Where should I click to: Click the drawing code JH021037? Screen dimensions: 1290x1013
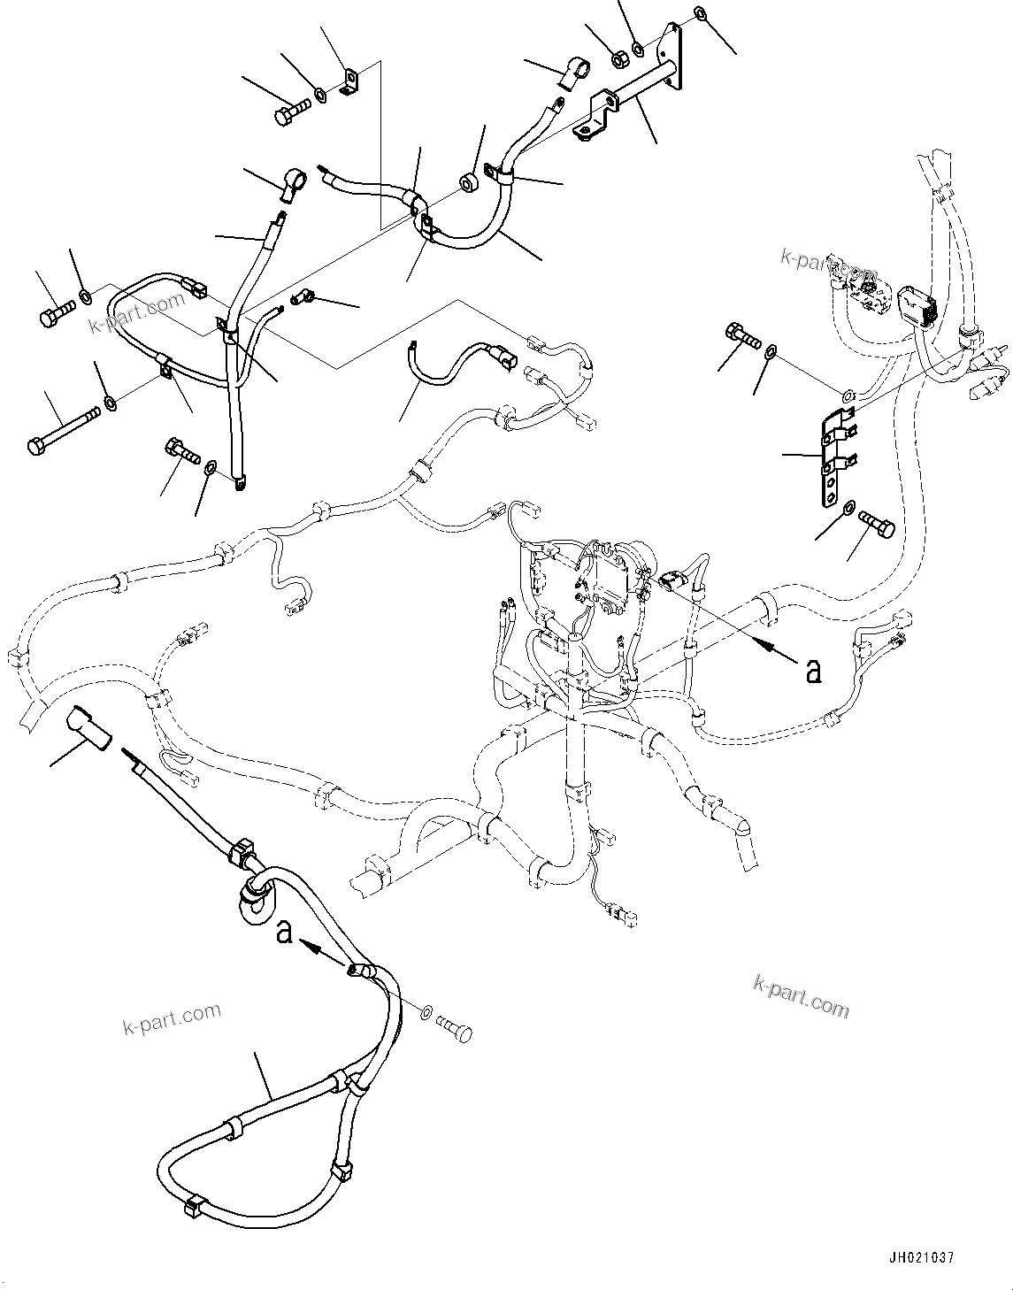[917, 1257]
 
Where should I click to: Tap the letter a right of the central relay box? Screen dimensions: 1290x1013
[812, 671]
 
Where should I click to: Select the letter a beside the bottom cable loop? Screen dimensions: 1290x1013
[284, 933]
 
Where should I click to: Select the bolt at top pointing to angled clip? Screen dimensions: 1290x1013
[288, 112]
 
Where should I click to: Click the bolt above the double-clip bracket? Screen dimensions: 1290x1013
[742, 337]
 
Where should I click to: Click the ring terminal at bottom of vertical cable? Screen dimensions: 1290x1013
[239, 482]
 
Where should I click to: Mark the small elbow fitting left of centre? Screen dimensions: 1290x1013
[302, 298]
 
